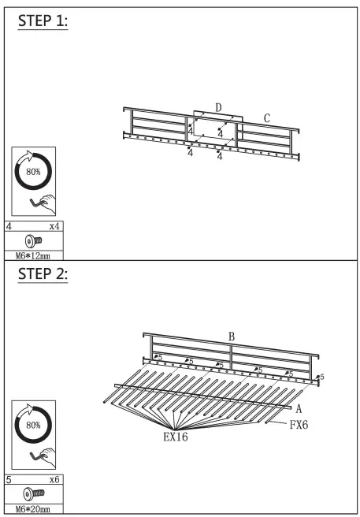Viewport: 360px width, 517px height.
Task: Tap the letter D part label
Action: (x=218, y=107)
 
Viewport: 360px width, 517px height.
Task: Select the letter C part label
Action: (x=267, y=118)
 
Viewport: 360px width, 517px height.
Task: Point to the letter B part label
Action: (x=232, y=337)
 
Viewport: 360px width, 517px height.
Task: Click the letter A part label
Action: (x=299, y=408)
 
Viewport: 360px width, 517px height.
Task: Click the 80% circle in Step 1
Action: (x=33, y=170)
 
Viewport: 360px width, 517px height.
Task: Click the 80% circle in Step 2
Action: (x=33, y=424)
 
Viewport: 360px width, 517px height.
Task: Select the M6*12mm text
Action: (x=33, y=255)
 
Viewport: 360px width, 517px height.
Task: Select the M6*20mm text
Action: (x=33, y=510)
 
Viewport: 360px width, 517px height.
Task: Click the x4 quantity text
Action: (x=54, y=225)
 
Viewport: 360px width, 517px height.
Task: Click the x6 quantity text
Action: (x=54, y=479)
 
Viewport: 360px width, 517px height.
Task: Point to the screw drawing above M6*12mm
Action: (x=33, y=240)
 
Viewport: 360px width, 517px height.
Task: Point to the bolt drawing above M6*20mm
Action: (x=33, y=494)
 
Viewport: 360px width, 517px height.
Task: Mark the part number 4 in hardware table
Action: (x=9, y=225)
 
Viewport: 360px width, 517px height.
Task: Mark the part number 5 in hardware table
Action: (x=9, y=479)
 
